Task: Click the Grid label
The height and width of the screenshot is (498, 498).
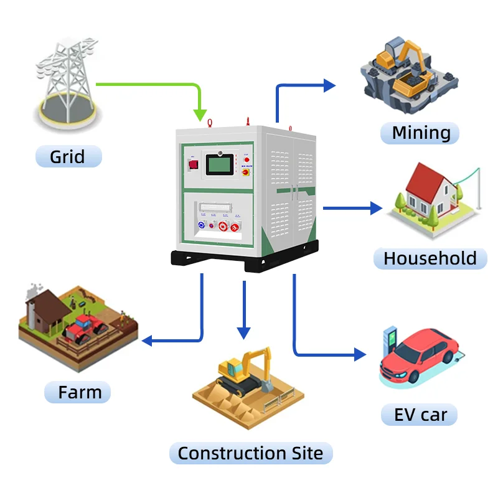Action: (67, 156)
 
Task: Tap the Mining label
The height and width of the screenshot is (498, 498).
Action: (421, 133)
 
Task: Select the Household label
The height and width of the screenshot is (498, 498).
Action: (430, 258)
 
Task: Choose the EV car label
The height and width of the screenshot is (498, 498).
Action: (420, 415)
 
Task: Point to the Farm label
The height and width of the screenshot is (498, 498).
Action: (79, 393)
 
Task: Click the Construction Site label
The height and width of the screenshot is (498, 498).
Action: (250, 453)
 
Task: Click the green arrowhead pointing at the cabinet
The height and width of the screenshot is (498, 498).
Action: (200, 114)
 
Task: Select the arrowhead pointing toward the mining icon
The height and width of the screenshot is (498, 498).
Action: (329, 85)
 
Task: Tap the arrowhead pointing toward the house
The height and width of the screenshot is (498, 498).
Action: (375, 208)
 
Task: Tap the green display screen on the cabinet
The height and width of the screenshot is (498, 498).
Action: (219, 164)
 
